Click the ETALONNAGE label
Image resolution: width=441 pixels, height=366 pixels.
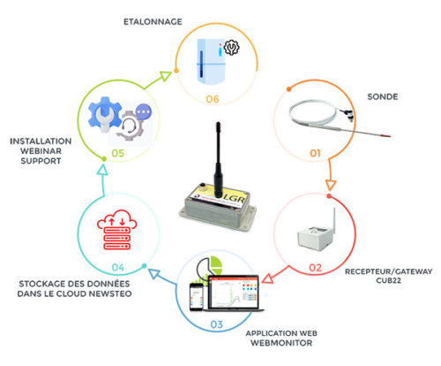(153, 22)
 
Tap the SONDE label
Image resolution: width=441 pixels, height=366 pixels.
(383, 96)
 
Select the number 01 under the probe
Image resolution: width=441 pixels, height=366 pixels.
(315, 153)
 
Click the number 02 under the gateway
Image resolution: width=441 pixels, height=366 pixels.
(315, 268)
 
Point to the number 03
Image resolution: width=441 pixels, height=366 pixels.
(217, 324)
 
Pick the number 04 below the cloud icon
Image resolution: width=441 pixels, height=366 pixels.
(118, 267)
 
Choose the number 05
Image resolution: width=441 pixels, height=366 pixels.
(118, 153)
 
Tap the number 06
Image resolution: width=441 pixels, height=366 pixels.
(213, 99)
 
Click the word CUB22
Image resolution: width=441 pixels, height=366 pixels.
(388, 280)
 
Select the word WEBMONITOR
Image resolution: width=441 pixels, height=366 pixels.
(281, 343)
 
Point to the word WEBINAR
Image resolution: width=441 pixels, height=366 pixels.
(41, 151)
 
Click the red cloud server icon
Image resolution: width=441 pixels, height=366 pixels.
(116, 230)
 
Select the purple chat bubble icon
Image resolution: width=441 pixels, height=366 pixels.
(144, 111)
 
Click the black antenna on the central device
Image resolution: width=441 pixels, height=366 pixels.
(218, 160)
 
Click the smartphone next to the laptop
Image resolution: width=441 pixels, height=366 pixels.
(196, 296)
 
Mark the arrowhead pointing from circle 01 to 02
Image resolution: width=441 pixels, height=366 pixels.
(331, 185)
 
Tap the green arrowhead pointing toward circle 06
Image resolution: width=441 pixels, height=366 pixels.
(165, 76)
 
